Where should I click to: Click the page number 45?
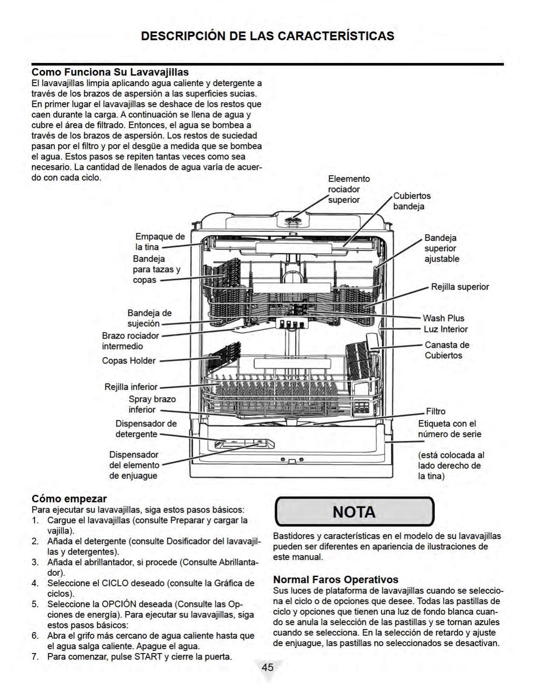pyautogui.click(x=267, y=667)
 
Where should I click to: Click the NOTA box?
pyautogui.click(x=354, y=512)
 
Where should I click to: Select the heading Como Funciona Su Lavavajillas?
pyautogui.click(x=110, y=72)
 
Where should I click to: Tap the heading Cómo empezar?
pyautogui.click(x=69, y=498)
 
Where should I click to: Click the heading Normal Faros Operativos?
pyautogui.click(x=336, y=579)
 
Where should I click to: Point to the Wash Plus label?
pyautogui.click(x=443, y=318)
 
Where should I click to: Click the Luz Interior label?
pyautogui.click(x=445, y=329)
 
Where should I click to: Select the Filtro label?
pyautogui.click(x=436, y=412)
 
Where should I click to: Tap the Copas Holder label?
pyautogui.click(x=129, y=361)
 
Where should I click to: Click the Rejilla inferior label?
pyautogui.click(x=131, y=387)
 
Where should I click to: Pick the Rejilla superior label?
pyautogui.click(x=460, y=287)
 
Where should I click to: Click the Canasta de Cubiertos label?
pyautogui.click(x=447, y=350)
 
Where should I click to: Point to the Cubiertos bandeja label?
pyautogui.click(x=412, y=201)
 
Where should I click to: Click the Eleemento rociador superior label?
pyautogui.click(x=349, y=189)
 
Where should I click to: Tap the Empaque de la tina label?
pyautogui.click(x=160, y=242)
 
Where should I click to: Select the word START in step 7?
pyautogui.click(x=149, y=657)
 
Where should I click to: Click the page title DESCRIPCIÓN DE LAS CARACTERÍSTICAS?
pyautogui.click(x=267, y=36)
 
